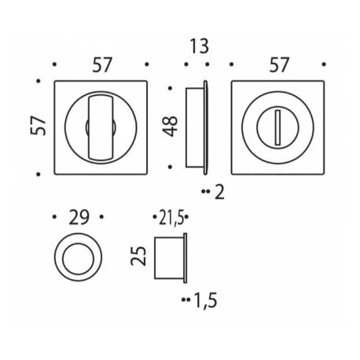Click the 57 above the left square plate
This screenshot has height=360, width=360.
pos(101,66)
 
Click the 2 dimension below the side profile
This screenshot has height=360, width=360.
pos(219,191)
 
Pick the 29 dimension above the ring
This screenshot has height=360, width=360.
pos(79,217)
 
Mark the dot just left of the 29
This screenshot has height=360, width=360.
pos(53,217)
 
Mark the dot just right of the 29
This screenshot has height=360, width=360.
pos(103,217)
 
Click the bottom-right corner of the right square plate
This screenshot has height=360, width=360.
pos(322,170)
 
